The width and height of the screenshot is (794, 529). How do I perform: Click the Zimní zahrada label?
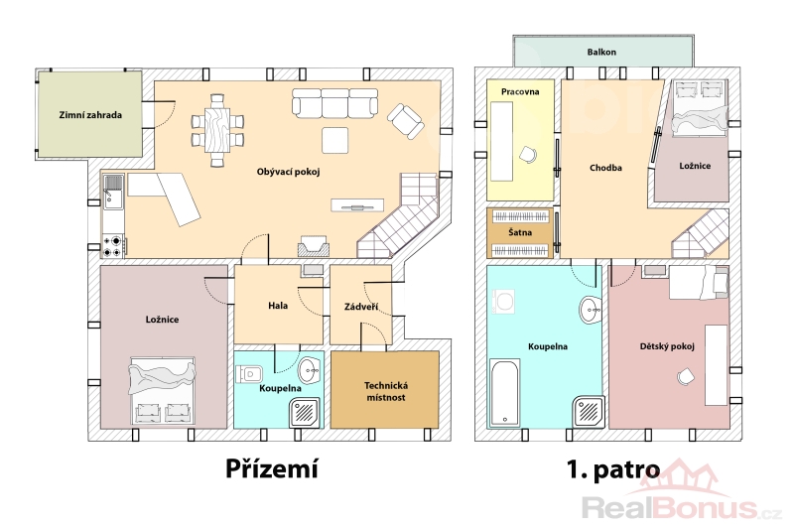point(90,115)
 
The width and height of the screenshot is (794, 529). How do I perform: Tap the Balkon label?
point(601,52)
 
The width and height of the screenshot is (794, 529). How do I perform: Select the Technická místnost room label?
point(386,391)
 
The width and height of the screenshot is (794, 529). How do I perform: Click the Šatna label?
point(520,232)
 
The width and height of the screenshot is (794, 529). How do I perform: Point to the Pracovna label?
point(520,91)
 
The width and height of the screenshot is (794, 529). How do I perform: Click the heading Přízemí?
point(272,468)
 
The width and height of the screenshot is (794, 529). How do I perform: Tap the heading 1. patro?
point(613,469)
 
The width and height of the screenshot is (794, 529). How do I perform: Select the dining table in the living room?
point(217,130)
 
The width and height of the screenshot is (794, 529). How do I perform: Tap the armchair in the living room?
point(406,121)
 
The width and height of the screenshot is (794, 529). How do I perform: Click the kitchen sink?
point(113,192)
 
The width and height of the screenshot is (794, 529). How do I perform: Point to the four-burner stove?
point(113,246)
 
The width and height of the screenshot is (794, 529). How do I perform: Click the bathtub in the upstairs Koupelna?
point(504,392)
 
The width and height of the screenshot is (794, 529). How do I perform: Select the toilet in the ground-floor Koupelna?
point(249,374)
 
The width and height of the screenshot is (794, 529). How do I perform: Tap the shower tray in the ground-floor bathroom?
point(306,413)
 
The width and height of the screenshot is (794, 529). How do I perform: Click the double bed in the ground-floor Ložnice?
point(163,390)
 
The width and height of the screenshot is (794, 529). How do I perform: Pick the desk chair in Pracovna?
point(528,154)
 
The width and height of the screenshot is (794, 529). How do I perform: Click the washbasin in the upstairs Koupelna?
point(591,310)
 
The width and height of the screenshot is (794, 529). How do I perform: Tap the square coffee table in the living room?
point(335,140)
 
